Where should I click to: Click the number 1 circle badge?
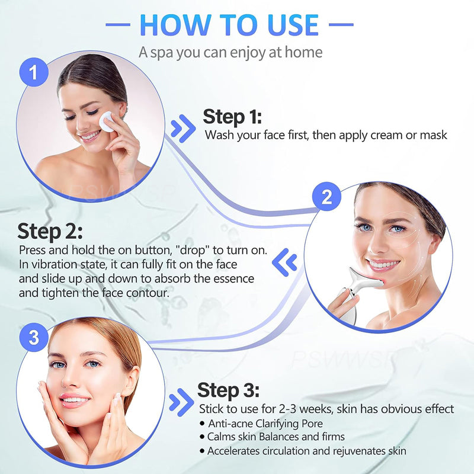pos(35,73)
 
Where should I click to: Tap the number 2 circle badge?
pos(326,197)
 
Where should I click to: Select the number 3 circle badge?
pos(34,338)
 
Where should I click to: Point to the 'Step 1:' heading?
pos(232,116)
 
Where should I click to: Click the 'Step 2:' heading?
pos(50,231)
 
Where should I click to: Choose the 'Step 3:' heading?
pos(228,390)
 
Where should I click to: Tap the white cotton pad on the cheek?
pos(107,122)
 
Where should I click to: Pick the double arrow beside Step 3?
pos(181,403)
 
